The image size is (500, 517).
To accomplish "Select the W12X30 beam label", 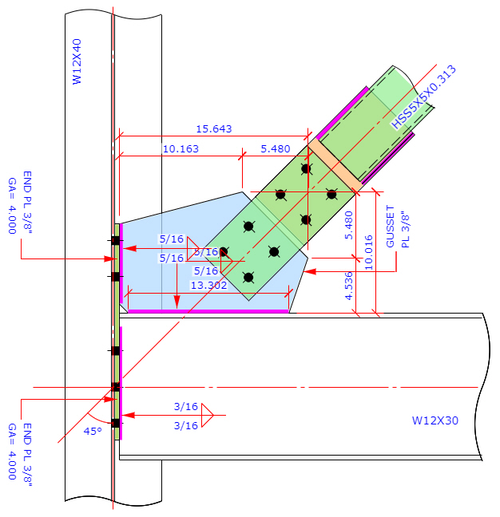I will pos(435,420).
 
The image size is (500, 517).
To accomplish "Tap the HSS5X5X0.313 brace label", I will pos(423,97).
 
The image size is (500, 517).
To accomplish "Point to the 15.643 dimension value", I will pos(213,128).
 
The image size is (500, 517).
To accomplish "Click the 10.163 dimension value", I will pos(181,148).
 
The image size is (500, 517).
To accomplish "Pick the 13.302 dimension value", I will pos(208,284).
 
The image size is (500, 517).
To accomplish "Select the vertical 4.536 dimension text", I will pos(348,286).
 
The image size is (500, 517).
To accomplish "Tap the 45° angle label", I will pos(93,431).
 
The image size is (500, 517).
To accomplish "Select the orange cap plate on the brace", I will pos(335,164).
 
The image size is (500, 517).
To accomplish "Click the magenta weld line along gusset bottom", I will pos(208,311).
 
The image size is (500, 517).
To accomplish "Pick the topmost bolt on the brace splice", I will pos(305,168).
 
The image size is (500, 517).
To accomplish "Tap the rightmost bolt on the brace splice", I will pos(331,193).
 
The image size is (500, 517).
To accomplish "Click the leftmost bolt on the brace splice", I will pos(224,252).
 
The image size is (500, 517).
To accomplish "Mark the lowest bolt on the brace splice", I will pos(248,278).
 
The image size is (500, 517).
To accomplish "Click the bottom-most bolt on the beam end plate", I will pos(116,423).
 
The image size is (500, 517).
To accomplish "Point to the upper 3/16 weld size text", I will pos(186,406).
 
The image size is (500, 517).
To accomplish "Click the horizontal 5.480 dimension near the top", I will pos(277,148).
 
